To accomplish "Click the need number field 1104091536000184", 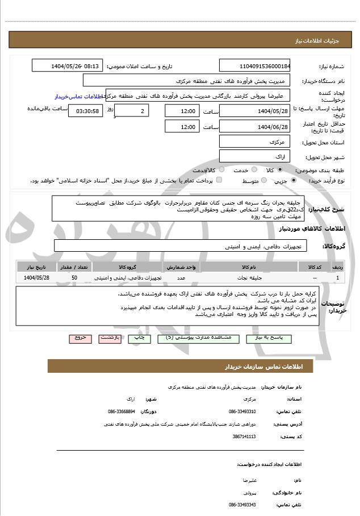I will click(254, 65).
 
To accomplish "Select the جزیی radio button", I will click(293, 180).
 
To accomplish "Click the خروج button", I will click(80, 338).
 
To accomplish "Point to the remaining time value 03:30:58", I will click(86, 111).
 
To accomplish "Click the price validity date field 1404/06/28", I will click(254, 127).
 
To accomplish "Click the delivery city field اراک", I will click(254, 156).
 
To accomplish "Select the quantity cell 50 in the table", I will click(74, 277).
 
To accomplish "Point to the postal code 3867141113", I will click(244, 436).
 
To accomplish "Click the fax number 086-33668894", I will click(122, 411).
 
